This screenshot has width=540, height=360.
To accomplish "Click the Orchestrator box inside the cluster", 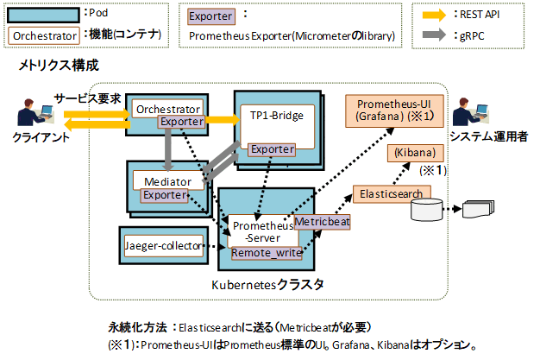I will (x=166, y=109).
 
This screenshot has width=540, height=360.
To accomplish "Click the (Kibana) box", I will (x=417, y=153).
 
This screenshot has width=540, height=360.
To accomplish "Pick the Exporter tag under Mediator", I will (x=164, y=195).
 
